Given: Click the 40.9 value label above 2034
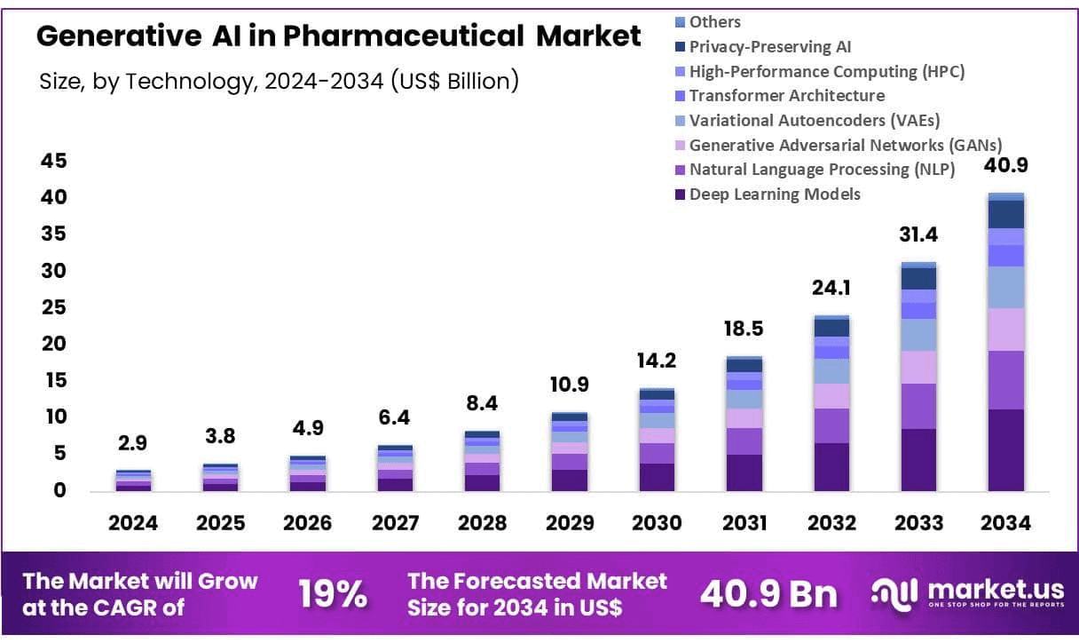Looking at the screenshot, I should (1005, 166).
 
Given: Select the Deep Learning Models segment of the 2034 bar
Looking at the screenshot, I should (1005, 449).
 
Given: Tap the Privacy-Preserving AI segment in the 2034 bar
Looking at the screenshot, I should (1005, 214).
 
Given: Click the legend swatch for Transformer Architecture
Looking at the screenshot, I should (681, 96).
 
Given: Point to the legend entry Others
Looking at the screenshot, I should (714, 22).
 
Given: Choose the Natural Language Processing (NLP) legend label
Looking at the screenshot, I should (822, 170).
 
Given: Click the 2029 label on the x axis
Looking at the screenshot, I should (569, 523).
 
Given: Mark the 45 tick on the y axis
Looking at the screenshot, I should (54, 161).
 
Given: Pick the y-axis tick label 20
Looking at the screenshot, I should (54, 344).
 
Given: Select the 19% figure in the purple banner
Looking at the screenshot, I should (333, 595).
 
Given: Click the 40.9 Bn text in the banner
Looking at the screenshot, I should (768, 595).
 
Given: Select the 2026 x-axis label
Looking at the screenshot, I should (307, 523).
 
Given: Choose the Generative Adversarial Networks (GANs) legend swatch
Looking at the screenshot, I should (681, 145).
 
